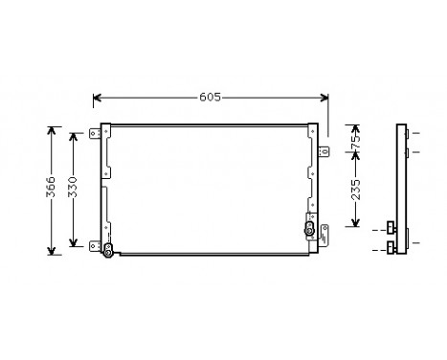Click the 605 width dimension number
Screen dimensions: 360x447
click(x=211, y=97)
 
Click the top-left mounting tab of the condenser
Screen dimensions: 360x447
click(x=98, y=133)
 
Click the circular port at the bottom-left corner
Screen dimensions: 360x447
click(x=108, y=251)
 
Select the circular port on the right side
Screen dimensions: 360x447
click(x=310, y=230)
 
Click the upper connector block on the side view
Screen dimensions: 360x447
click(x=391, y=228)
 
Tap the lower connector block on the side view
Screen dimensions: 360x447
click(x=391, y=248)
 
